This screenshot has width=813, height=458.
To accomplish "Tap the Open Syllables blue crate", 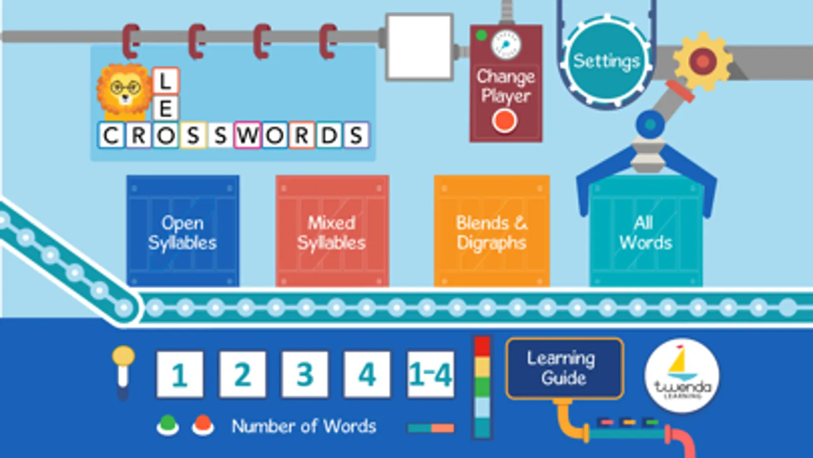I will tap(183, 232).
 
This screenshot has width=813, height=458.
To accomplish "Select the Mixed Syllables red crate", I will tap(332, 232).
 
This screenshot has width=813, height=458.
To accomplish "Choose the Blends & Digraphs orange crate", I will tap(491, 232).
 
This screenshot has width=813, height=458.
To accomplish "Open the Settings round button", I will tap(606, 61).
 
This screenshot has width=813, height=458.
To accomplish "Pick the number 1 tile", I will tap(179, 374).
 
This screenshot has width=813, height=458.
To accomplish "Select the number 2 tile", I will tap(243, 374).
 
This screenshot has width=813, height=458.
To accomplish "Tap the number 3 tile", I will tap(305, 374).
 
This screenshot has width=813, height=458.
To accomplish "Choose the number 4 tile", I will tap(367, 374).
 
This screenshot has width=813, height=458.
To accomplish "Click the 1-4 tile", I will tap(430, 374).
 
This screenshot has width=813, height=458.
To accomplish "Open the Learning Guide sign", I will tap(564, 368).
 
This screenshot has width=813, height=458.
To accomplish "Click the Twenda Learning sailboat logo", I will tap(682, 376).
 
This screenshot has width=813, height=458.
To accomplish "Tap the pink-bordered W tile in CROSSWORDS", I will tap(247, 135).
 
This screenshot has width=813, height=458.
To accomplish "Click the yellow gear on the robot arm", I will tap(703, 61).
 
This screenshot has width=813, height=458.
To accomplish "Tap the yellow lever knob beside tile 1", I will tap(124, 356).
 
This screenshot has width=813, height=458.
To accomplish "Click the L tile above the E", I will tap(165, 81).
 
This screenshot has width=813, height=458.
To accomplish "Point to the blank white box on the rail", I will tap(419, 47).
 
